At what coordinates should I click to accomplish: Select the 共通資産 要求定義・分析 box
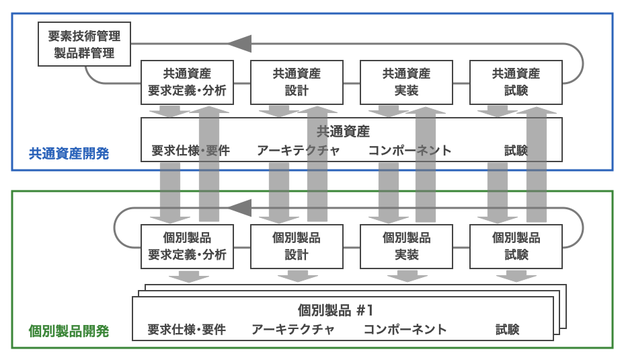[x=187, y=83]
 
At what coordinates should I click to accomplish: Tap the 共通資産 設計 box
[x=297, y=83]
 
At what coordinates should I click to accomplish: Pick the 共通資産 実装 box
[x=406, y=83]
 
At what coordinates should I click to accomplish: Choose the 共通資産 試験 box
[x=516, y=83]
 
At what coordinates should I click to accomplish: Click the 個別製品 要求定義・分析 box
[x=187, y=246]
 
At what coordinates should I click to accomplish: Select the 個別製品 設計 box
[x=297, y=246]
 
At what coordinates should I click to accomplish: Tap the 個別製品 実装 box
[x=406, y=246]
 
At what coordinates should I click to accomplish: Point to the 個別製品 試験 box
[x=516, y=246]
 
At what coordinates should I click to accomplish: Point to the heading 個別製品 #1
[x=335, y=310]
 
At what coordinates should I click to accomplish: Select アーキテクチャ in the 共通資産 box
[x=298, y=150]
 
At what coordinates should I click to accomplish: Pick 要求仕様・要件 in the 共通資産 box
[x=190, y=150]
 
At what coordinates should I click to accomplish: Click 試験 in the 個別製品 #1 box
[x=508, y=330]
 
